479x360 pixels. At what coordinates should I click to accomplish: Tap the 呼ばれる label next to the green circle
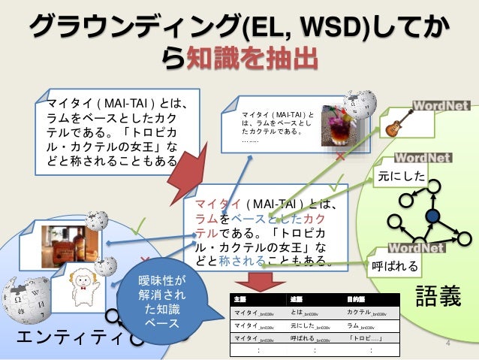(x=393, y=267)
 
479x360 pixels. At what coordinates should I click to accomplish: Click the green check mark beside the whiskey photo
(x=137, y=225)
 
